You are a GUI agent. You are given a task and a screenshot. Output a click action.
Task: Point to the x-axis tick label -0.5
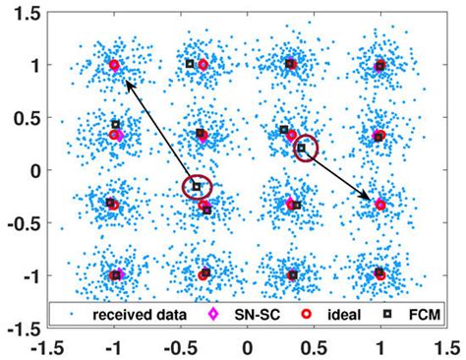point(179,347)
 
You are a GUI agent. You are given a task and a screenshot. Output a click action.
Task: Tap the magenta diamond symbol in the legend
point(208,315)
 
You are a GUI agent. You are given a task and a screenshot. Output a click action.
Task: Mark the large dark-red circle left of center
point(197,186)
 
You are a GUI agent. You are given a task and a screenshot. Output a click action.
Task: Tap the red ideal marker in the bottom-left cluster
point(115,275)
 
